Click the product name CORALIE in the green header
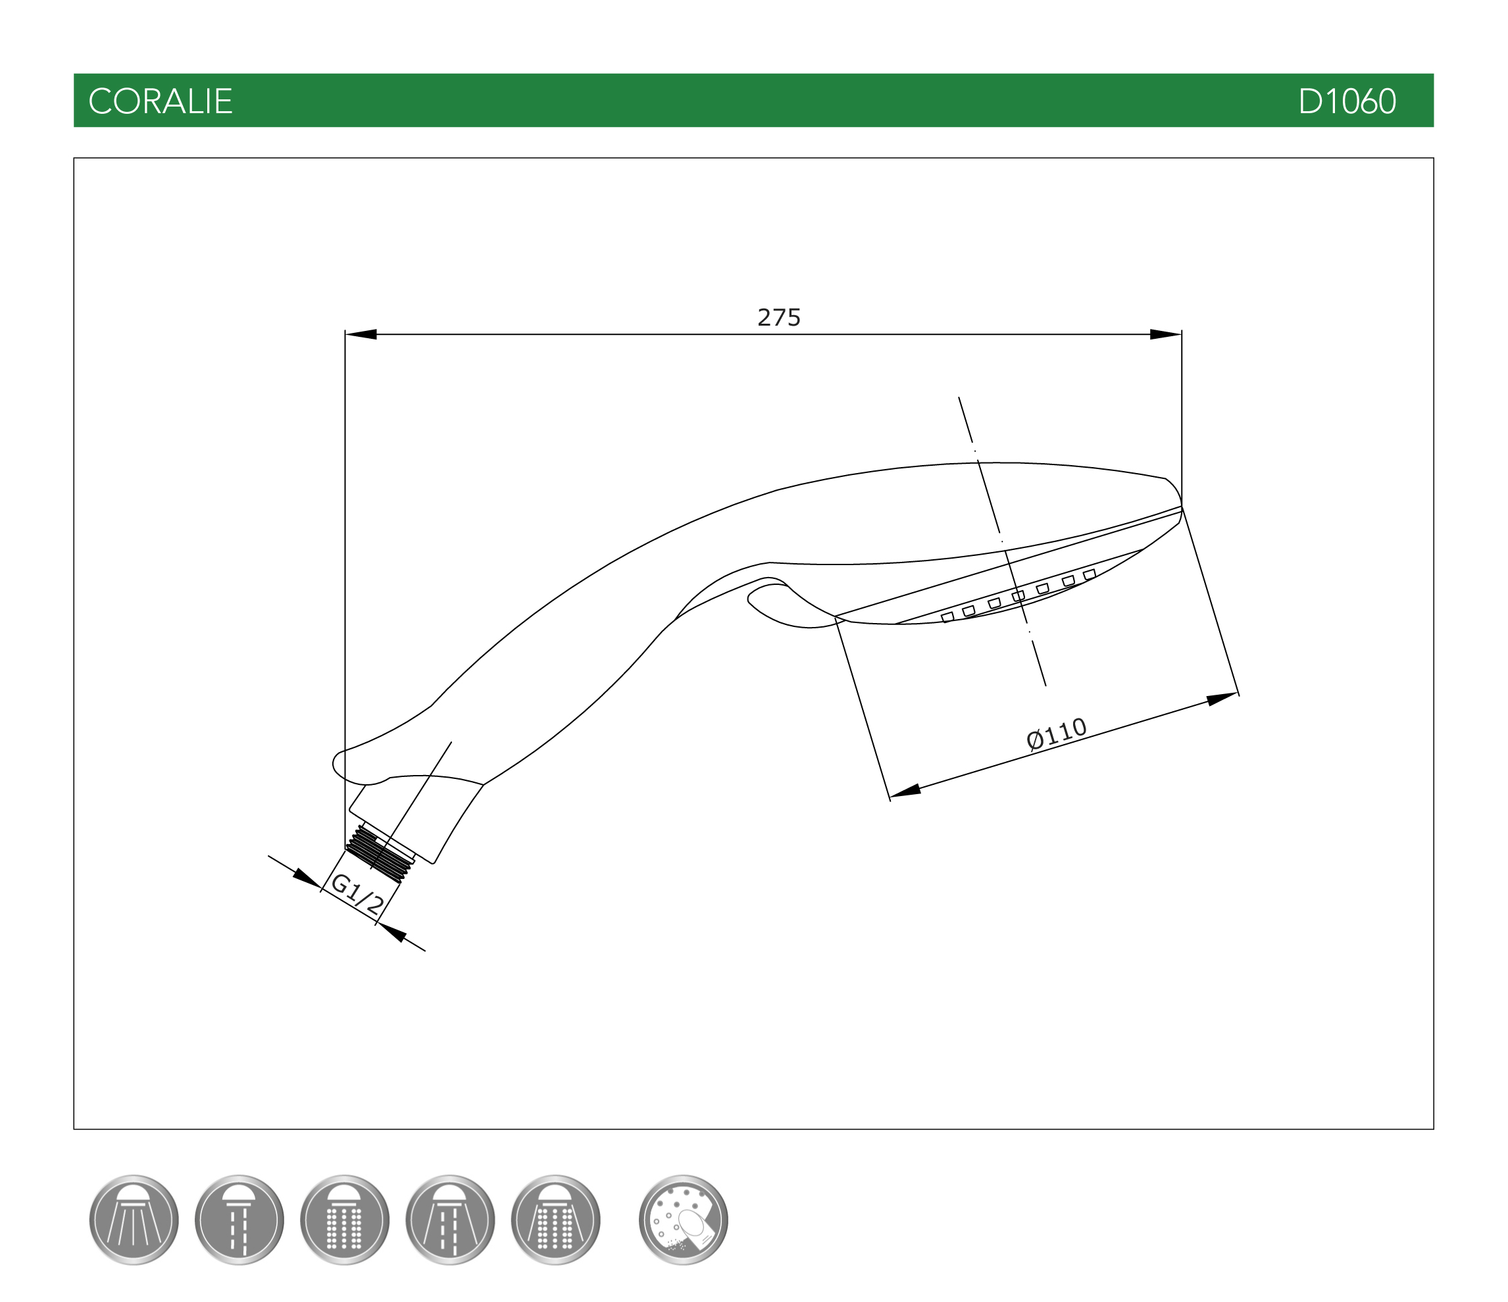pyautogui.click(x=160, y=101)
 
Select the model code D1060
pyautogui.click(x=1347, y=101)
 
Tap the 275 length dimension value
pyautogui.click(x=779, y=317)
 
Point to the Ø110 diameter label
pyautogui.click(x=1057, y=734)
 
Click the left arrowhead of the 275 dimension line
pyautogui.click(x=361, y=335)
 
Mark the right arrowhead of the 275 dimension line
pyautogui.click(x=1165, y=335)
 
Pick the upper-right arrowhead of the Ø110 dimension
pyautogui.click(x=1222, y=699)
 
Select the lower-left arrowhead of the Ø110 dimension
pyautogui.click(x=905, y=790)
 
